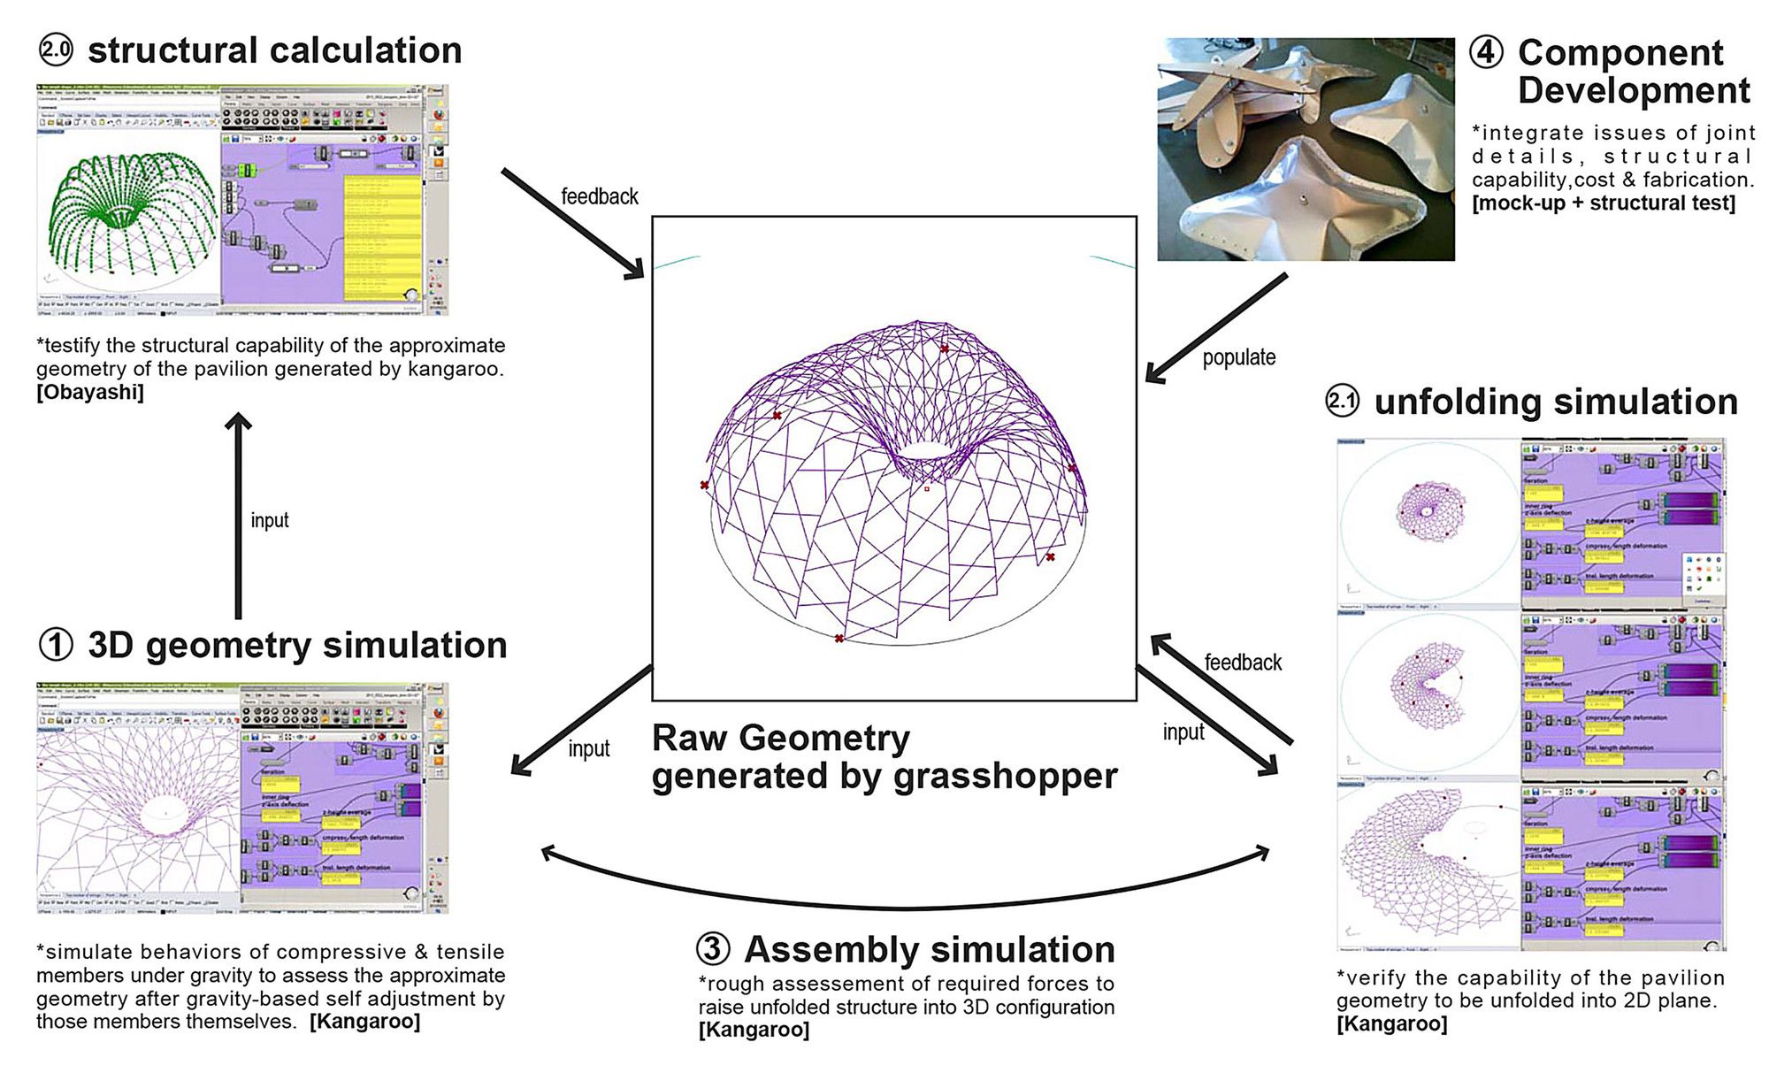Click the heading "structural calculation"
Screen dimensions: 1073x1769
274,50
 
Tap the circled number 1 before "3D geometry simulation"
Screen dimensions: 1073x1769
56,645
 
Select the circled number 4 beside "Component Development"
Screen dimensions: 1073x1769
1486,52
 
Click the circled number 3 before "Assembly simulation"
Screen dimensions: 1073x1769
713,949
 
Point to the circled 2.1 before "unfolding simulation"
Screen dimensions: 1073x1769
1342,402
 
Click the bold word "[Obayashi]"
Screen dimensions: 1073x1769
89,392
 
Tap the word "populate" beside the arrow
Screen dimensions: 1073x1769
1238,357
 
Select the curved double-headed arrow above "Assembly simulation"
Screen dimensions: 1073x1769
905,885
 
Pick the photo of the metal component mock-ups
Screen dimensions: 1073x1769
1306,149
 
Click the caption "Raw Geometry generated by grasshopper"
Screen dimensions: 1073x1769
884,756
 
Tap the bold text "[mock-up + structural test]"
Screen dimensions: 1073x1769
1604,203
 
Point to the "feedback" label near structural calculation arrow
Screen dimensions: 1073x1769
599,196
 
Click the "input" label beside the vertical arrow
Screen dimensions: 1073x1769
270,520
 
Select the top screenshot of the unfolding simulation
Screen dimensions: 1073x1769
1531,523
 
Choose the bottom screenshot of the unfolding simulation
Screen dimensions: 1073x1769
1531,867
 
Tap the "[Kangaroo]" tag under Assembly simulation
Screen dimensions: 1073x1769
754,1030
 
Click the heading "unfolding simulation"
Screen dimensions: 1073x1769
1555,402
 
